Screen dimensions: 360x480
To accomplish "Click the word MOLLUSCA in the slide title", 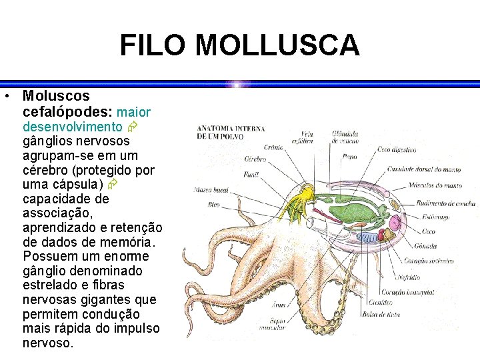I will point(277,45).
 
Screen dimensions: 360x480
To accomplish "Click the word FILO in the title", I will point(155,45).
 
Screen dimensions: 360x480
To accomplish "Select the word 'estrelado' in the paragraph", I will point(52,285).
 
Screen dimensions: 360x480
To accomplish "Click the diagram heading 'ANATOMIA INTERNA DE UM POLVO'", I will point(231,132).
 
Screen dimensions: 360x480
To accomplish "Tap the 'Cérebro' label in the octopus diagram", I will point(255,160).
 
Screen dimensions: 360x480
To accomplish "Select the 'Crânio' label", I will point(273,148).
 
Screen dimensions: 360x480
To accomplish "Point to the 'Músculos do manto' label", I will point(434,185).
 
